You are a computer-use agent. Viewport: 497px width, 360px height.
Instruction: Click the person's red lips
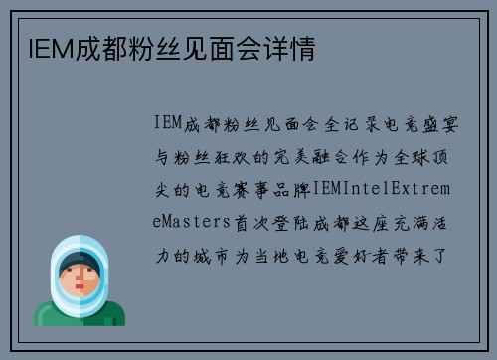(x=80, y=295)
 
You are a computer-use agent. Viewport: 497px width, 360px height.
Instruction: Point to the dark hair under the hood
(x=80, y=264)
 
